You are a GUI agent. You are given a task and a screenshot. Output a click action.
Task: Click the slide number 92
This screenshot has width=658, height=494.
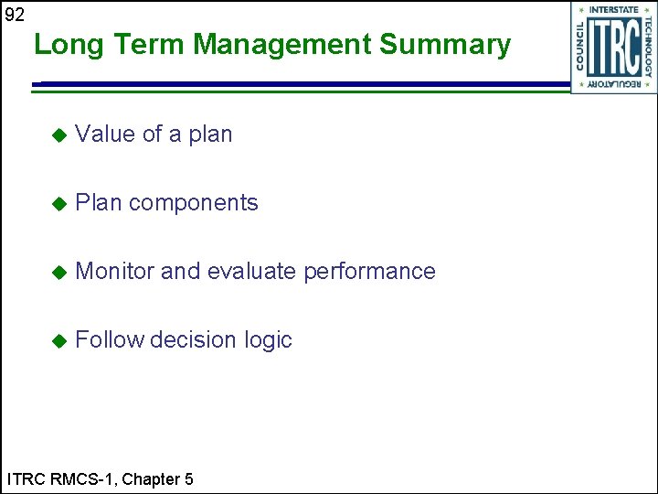(16, 15)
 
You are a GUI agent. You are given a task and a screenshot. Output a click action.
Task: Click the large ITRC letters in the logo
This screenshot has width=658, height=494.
(613, 48)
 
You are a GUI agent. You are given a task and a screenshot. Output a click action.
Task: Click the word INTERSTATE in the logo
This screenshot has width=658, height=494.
(613, 10)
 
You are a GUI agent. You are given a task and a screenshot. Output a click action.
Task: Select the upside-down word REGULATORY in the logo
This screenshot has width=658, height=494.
(613, 85)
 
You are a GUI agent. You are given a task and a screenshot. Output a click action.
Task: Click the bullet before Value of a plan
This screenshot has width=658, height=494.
(58, 135)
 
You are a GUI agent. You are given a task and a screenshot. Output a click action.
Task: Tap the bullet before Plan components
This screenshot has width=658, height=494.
(58, 204)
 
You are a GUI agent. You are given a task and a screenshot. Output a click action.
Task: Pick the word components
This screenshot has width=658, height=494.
(193, 204)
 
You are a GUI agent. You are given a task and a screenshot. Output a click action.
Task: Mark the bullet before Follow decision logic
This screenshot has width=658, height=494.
(58, 341)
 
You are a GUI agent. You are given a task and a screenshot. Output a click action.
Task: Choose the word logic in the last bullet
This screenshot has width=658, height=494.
(268, 341)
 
